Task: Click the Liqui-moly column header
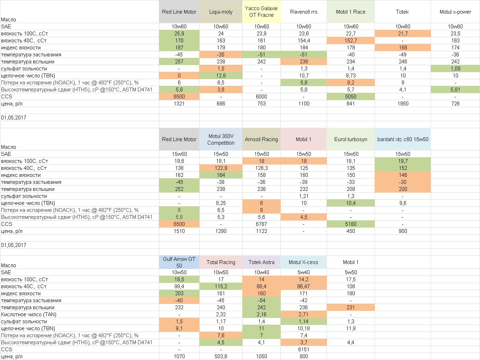click(221, 12)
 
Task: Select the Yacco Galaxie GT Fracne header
click(261, 12)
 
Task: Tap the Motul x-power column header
click(455, 12)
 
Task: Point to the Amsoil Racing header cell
click(261, 139)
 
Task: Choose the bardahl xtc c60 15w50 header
click(403, 139)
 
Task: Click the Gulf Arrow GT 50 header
click(179, 262)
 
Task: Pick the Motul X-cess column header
click(303, 262)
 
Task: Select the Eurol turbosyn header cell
click(350, 139)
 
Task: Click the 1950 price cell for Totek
click(403, 104)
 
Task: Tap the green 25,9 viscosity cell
click(179, 34)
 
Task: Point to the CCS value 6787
click(261, 224)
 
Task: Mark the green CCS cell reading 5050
click(350, 97)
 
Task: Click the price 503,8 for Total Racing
click(221, 356)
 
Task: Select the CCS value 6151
click(303, 349)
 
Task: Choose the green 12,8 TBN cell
click(221, 76)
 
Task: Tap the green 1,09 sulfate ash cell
click(455, 69)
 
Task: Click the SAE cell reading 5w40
click(303, 272)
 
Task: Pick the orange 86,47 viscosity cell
click(303, 286)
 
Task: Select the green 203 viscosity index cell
click(179, 293)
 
